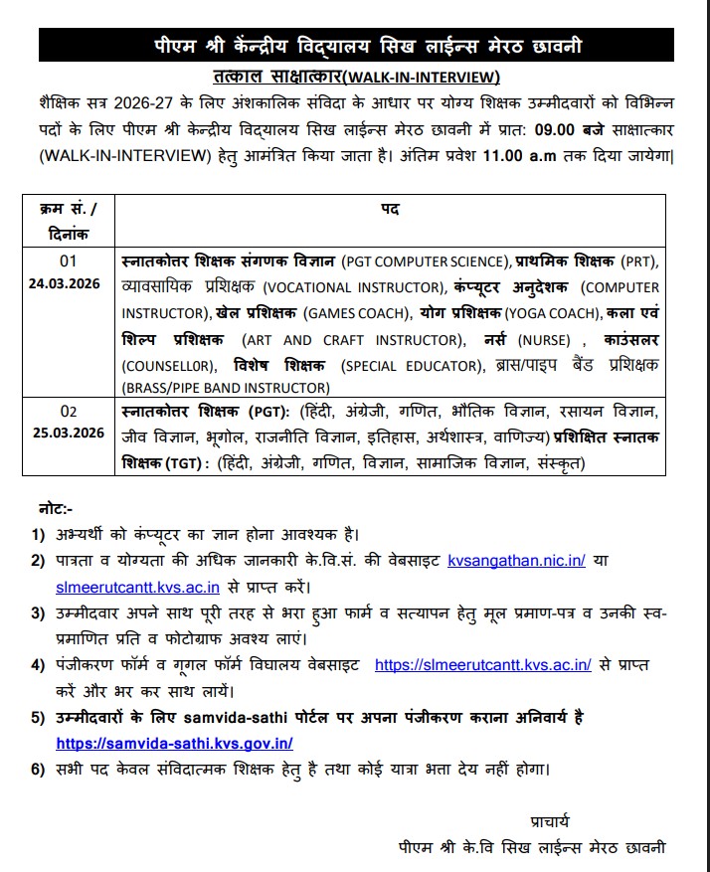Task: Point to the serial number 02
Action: (x=69, y=410)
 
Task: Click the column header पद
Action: (x=390, y=210)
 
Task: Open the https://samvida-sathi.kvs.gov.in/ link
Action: (x=174, y=743)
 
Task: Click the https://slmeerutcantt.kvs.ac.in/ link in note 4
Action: (x=483, y=664)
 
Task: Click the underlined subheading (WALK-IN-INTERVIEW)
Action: (x=425, y=78)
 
